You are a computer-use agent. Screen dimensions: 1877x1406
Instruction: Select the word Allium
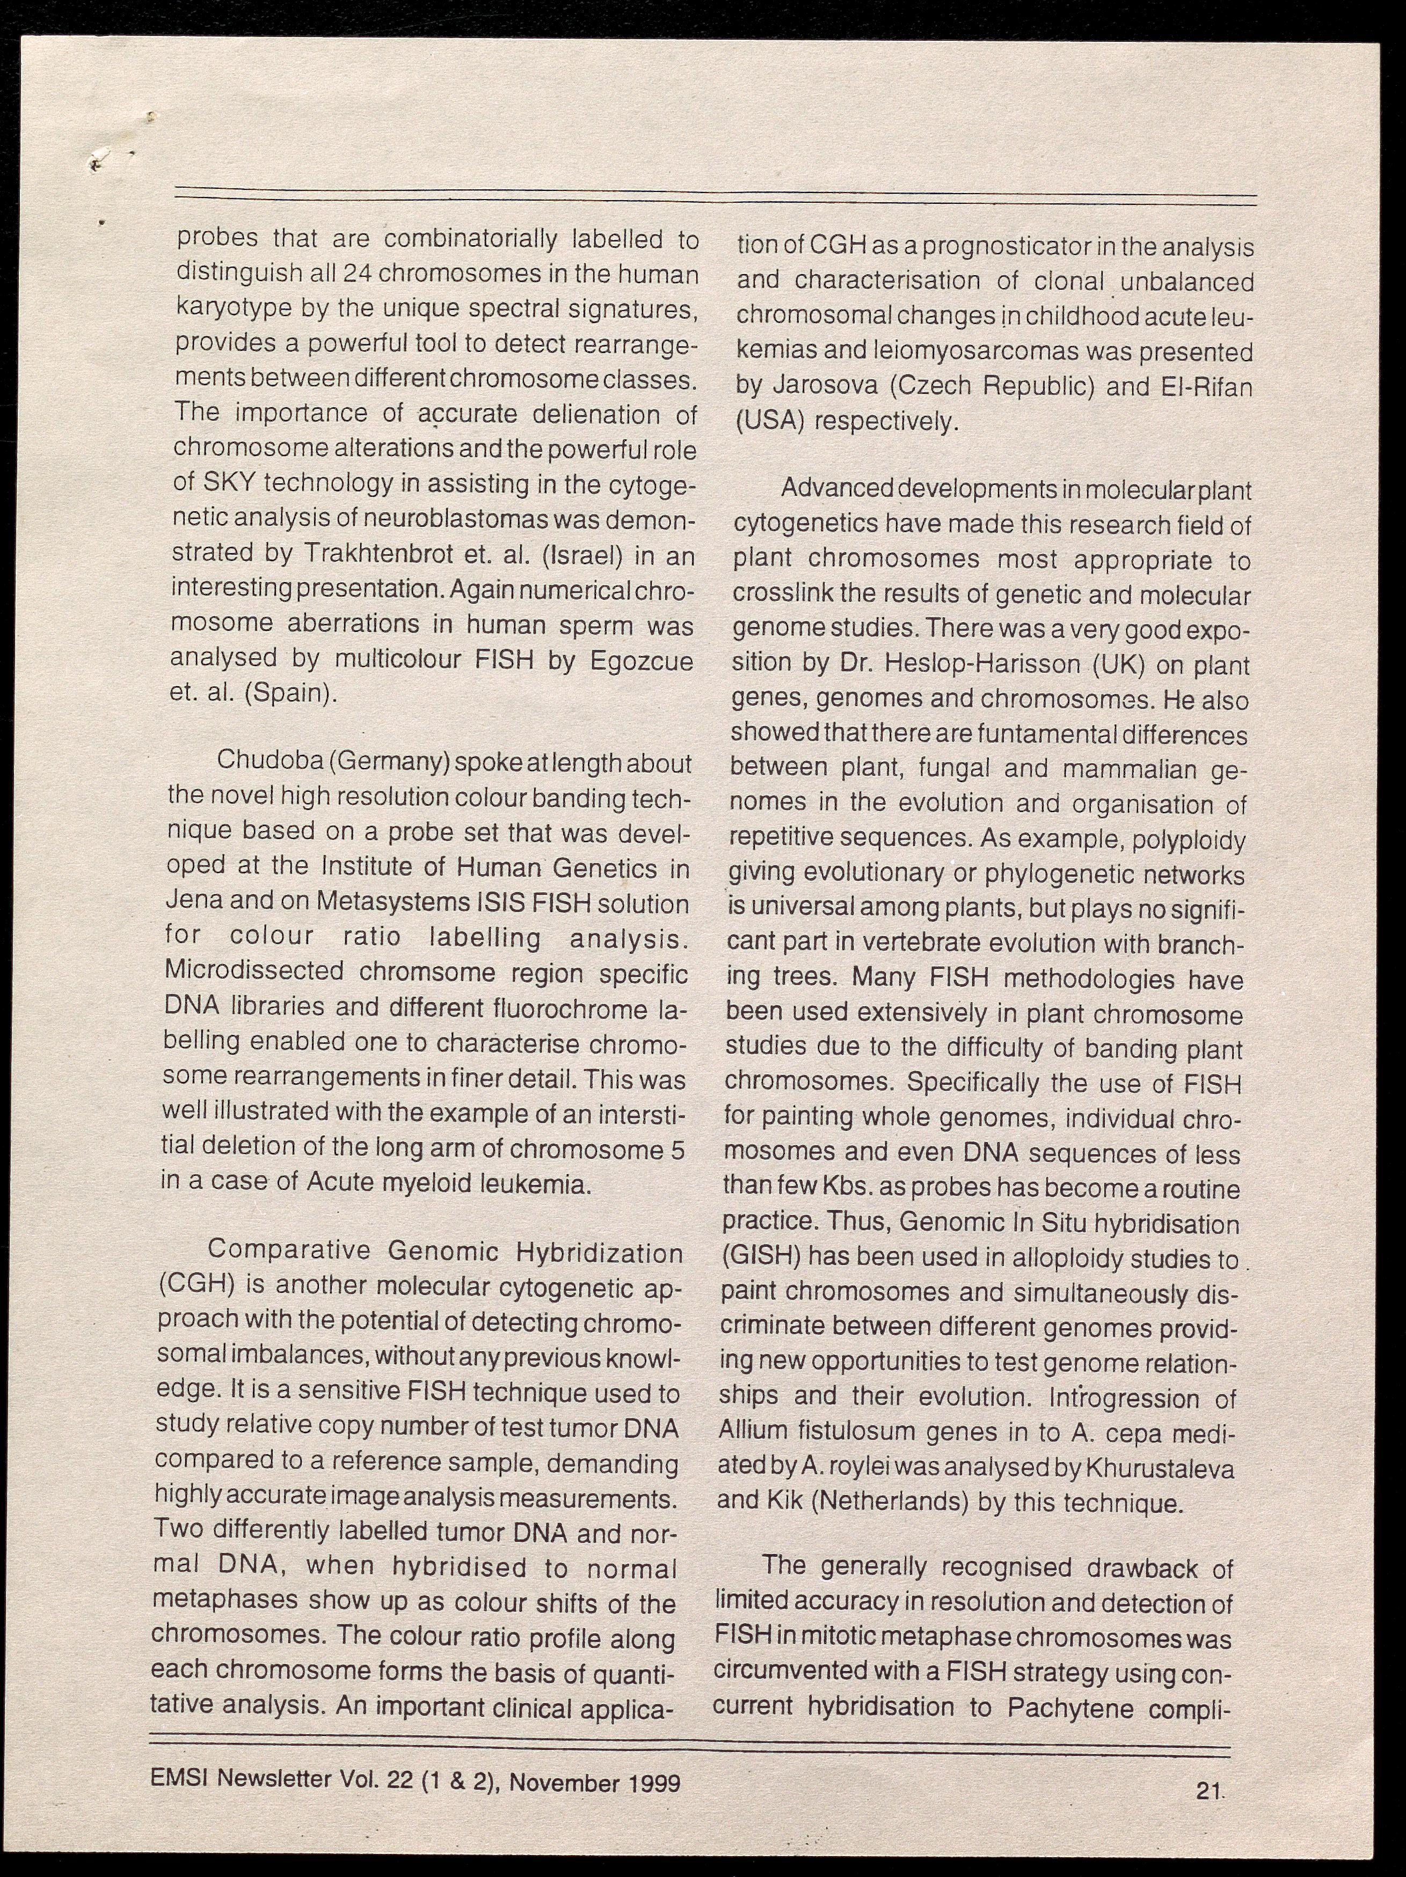point(753,1431)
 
